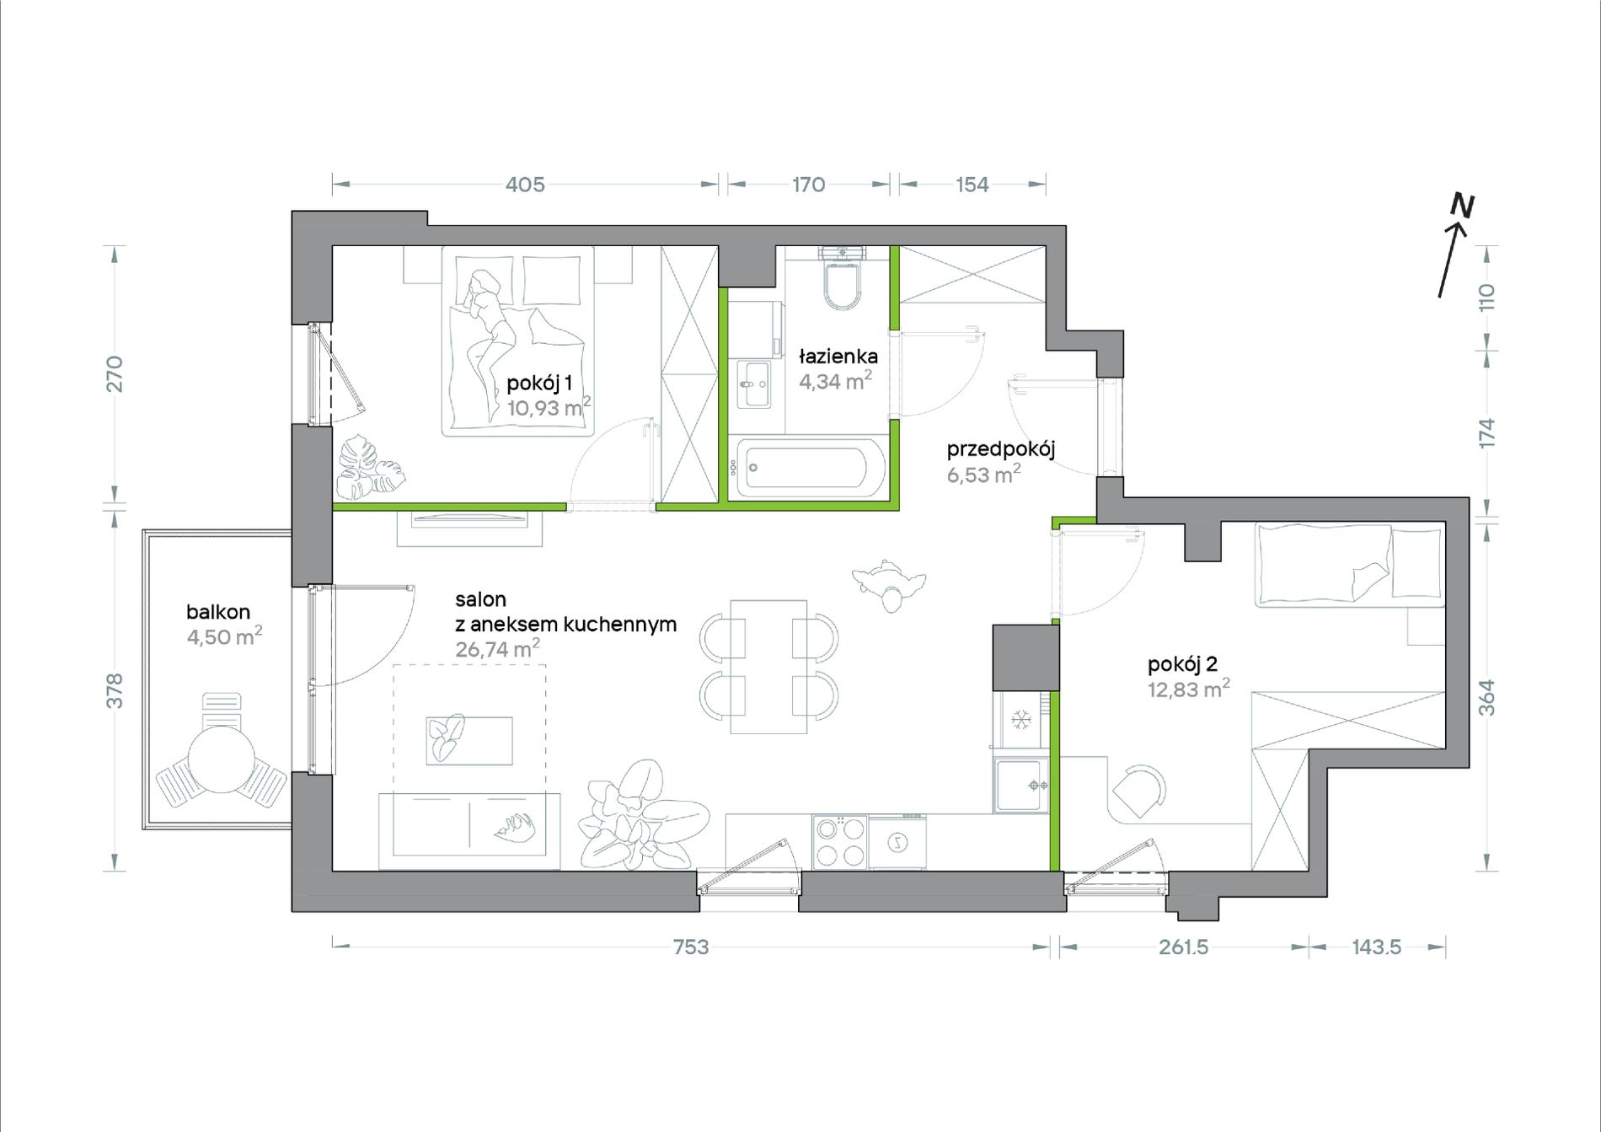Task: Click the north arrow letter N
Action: pyautogui.click(x=1463, y=206)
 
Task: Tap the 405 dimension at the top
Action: pyautogui.click(x=525, y=185)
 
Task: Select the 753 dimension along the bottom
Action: pyautogui.click(x=691, y=947)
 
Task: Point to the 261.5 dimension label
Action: pyautogui.click(x=1183, y=947)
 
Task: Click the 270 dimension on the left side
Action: pyautogui.click(x=115, y=374)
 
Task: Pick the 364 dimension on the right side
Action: pyautogui.click(x=1486, y=698)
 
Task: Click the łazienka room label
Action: pyautogui.click(x=838, y=357)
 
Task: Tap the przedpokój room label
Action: pyautogui.click(x=1001, y=449)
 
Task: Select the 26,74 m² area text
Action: pyautogui.click(x=497, y=649)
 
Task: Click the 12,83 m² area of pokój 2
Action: pyautogui.click(x=1188, y=689)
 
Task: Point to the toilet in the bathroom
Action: pyautogui.click(x=843, y=277)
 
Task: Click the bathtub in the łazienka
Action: pyautogui.click(x=807, y=467)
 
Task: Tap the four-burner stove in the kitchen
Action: pyautogui.click(x=840, y=841)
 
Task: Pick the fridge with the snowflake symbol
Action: pyautogui.click(x=1021, y=719)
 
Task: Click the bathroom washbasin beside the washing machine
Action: pyautogui.click(x=754, y=384)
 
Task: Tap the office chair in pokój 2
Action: pyautogui.click(x=1140, y=791)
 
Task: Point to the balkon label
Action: pyautogui.click(x=218, y=612)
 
